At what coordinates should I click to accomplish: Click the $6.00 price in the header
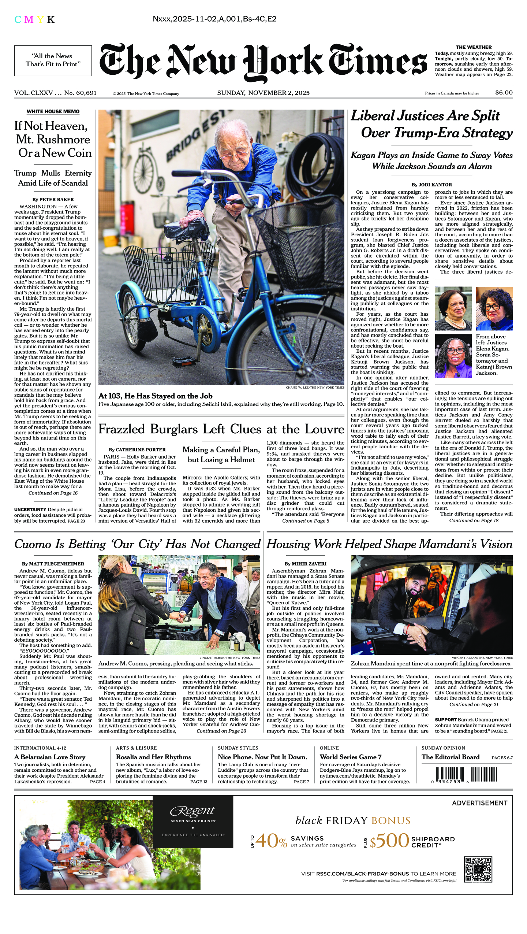504,93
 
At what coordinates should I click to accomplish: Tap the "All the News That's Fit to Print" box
53,60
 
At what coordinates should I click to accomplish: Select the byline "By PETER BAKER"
53,200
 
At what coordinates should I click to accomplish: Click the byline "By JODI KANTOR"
431,185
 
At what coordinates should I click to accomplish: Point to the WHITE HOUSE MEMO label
53,111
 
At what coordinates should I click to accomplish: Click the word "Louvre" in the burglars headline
325,429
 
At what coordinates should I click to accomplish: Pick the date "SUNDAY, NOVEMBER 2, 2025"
263,93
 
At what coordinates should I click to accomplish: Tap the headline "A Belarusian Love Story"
50,757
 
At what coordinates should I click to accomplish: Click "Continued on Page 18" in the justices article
474,520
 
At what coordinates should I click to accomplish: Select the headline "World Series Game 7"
350,757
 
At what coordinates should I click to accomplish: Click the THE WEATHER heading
474,47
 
